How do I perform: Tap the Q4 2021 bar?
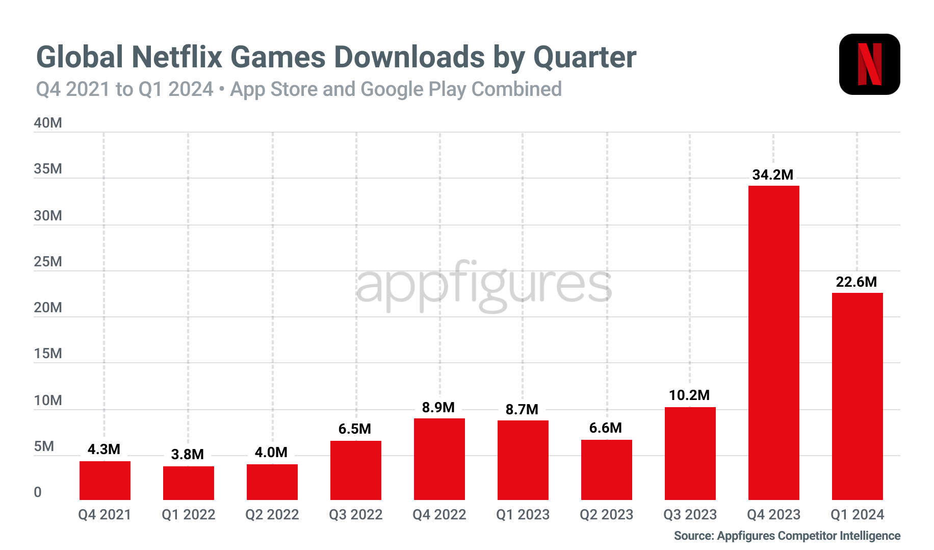105,480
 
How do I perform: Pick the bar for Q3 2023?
690,453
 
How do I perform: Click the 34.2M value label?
772,175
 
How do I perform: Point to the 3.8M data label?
187,454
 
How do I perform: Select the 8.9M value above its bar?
438,407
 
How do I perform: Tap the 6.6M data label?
605,428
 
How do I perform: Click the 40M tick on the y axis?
47,123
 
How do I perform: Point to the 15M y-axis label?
47,354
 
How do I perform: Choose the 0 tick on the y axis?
38,492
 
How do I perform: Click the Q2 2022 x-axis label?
272,514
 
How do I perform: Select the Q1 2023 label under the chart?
523,514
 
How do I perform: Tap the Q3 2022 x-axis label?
355,514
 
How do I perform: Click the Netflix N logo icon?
869,64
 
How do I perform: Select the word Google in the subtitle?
392,89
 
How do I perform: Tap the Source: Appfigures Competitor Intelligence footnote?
787,536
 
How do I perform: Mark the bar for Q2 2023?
606,469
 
